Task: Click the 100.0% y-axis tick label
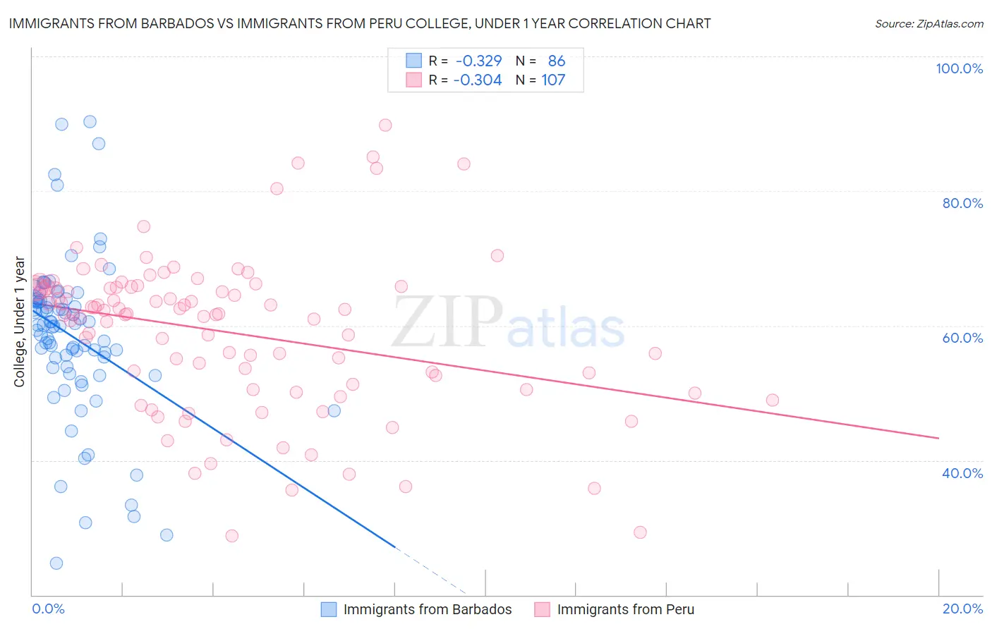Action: click(959, 68)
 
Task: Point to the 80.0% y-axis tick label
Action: click(962, 203)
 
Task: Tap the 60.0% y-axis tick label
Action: click(962, 338)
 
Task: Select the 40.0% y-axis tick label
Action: click(962, 473)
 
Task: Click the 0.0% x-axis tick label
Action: click(48, 609)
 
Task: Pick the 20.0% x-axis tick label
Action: click(962, 609)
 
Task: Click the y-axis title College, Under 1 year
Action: click(20, 322)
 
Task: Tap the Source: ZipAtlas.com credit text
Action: click(929, 24)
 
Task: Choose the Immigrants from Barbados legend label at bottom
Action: click(428, 610)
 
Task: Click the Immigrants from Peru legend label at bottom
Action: click(625, 610)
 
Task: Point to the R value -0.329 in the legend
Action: click(478, 61)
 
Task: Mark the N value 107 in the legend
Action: click(553, 80)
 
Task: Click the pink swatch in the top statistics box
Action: click(413, 80)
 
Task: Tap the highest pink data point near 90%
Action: click(385, 125)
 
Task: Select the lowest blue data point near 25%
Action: click(56, 563)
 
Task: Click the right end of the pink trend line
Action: click(938, 439)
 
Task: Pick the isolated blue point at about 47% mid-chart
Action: click(334, 410)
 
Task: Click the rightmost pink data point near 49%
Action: click(773, 400)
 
